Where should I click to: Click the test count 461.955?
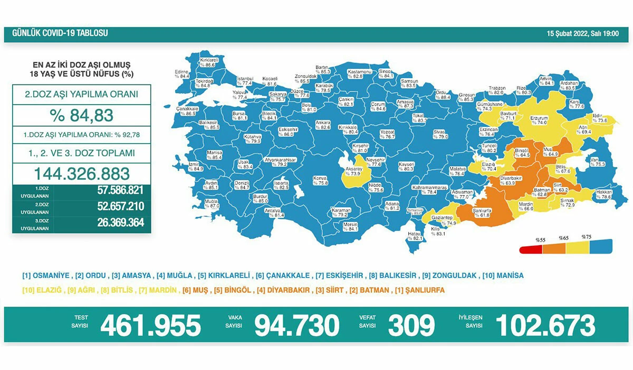point(150,325)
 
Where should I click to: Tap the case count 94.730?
point(296,325)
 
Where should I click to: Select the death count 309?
point(411,325)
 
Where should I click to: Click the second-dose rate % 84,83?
point(82,115)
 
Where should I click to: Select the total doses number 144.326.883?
point(82,173)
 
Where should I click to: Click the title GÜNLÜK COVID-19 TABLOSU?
point(56,33)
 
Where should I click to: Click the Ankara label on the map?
point(322,125)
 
